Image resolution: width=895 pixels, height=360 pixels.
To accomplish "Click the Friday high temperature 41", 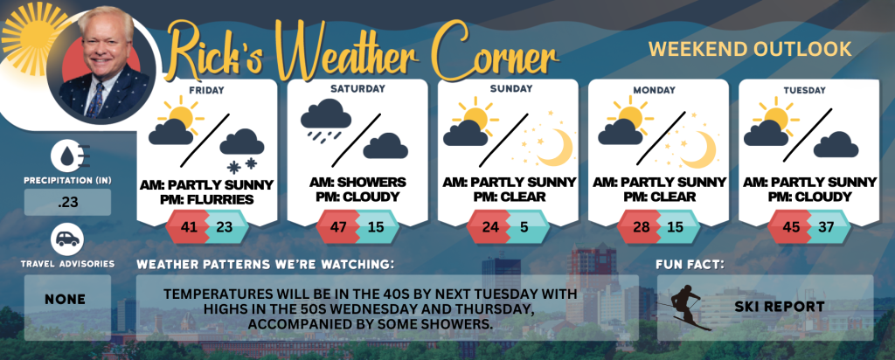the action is pos(189,226).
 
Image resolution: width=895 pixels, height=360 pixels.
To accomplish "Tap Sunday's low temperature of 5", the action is pos(524,226).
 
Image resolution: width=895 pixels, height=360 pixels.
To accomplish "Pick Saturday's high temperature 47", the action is pos(340,226).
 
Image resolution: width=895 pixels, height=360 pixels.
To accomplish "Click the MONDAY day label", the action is pos(658,90).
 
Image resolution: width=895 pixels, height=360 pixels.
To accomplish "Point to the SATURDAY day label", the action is pos(357,89).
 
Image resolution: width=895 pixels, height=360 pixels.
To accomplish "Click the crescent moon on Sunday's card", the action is pos(555,147).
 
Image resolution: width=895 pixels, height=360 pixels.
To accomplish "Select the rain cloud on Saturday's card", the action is pos(326,121).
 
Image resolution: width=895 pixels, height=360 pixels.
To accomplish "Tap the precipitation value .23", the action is pos(67,202).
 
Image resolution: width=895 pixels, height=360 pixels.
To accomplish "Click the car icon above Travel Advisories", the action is pos(67,239).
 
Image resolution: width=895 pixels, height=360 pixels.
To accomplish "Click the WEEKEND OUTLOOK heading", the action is pos(750,49).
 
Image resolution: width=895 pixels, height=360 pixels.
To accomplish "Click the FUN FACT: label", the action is pos(689,265).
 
